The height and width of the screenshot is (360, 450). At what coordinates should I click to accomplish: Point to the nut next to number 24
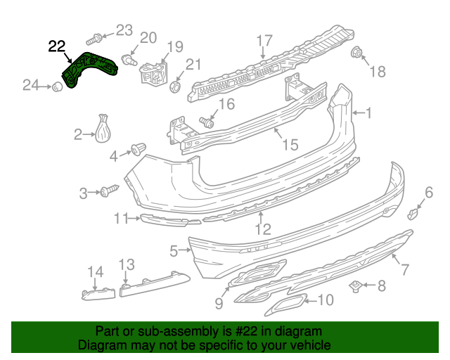[54, 86]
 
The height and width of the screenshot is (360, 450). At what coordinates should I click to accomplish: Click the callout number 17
[264, 40]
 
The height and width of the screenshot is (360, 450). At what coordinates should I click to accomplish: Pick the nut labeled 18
[356, 53]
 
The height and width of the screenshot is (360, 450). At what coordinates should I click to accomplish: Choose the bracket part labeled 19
[152, 73]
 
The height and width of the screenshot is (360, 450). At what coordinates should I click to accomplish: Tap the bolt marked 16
[207, 123]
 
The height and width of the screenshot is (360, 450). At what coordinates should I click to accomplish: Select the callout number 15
[290, 145]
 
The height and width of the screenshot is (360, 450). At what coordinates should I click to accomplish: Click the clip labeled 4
[136, 150]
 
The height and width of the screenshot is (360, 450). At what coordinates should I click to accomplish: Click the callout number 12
[262, 228]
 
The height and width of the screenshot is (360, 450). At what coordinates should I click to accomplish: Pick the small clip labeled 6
[415, 212]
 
